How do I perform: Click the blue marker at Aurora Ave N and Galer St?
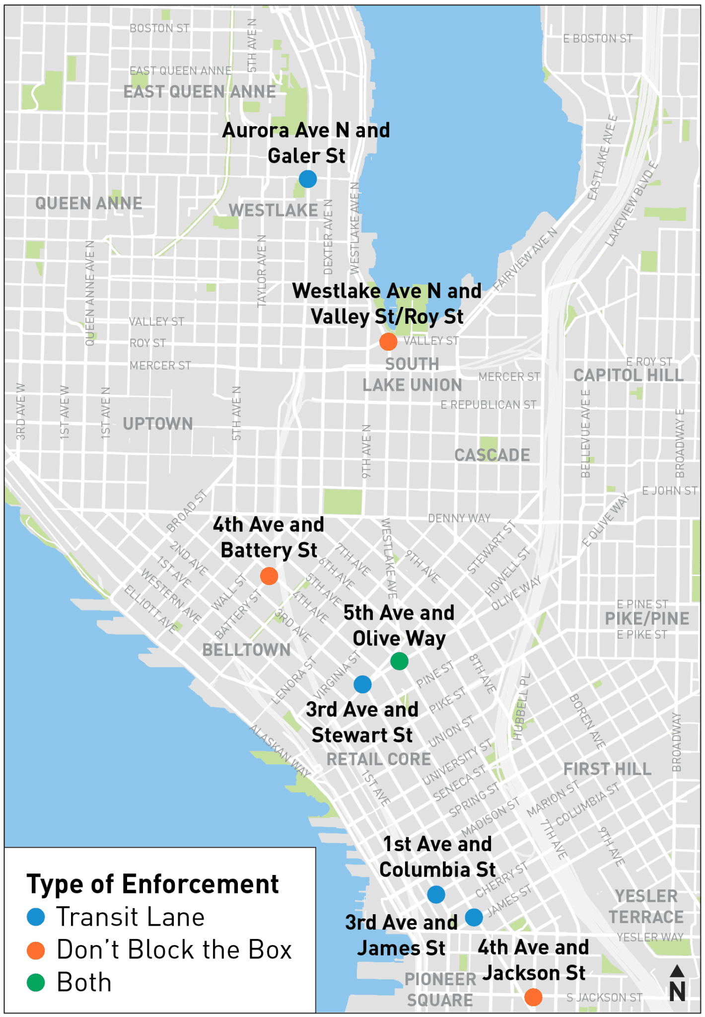(308, 179)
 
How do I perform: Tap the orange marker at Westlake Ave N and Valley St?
(388, 342)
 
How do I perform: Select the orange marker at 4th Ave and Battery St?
(269, 576)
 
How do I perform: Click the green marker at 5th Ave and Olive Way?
(399, 661)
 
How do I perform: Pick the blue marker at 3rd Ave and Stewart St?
(362, 684)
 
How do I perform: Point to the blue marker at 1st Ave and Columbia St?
(436, 894)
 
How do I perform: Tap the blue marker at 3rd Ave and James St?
(474, 917)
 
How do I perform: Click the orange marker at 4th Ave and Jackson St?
(533, 997)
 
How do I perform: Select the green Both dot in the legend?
(36, 982)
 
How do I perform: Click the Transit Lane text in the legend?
(130, 917)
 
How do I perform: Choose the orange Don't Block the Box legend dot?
(36, 950)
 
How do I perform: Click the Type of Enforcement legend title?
(152, 884)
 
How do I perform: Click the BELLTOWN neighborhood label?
(246, 650)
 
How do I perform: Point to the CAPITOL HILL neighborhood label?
(628, 375)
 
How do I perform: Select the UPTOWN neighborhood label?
(158, 424)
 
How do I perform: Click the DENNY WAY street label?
(459, 518)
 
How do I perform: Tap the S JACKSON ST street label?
(604, 997)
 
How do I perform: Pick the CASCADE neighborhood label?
(492, 455)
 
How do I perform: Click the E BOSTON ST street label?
(597, 39)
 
